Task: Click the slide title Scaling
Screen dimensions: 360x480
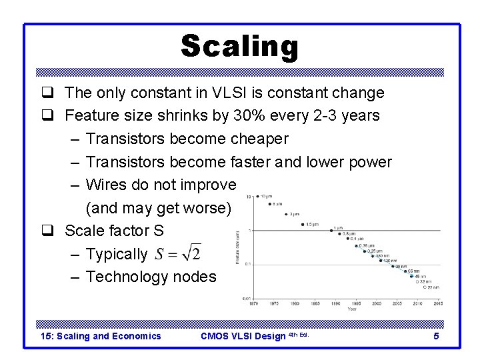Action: coord(240,47)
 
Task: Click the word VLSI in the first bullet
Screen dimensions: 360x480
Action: coord(229,93)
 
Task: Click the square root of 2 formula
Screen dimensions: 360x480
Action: coord(178,254)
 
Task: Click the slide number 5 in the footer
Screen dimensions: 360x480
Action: coord(436,336)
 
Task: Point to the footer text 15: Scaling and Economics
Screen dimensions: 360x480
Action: coord(101,336)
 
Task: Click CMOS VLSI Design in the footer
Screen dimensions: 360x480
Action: coord(243,336)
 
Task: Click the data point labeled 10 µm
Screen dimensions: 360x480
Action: coord(257,197)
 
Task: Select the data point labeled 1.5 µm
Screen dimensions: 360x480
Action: coord(300,225)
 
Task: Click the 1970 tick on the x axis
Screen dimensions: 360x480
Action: coord(253,303)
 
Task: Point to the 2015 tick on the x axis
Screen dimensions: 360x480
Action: coord(438,303)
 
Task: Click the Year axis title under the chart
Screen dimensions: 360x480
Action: coord(351,309)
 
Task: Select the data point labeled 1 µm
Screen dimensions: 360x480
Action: coord(332,231)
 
